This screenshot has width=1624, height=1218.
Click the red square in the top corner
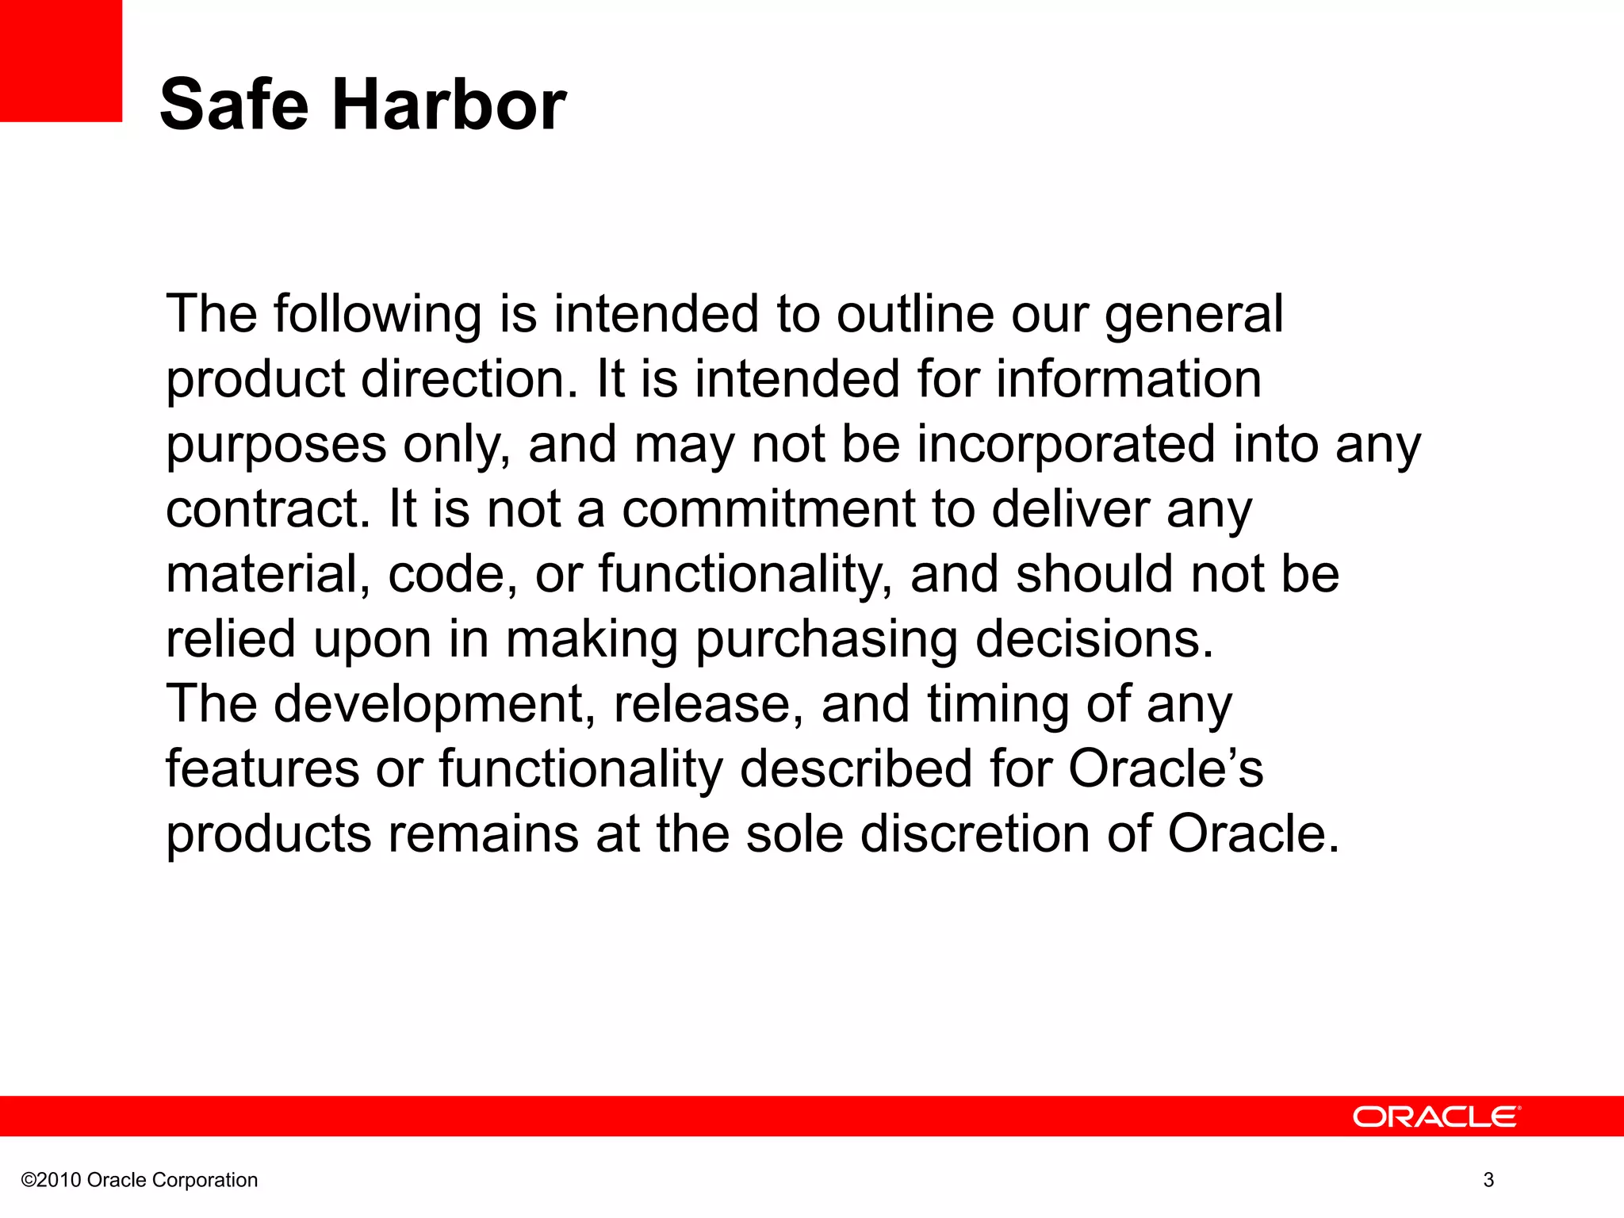pyautogui.click(x=60, y=60)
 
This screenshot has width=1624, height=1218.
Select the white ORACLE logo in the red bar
pyautogui.click(x=1436, y=1116)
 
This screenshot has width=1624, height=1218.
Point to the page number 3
pyautogui.click(x=1488, y=1180)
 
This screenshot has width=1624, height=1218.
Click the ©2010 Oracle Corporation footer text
pyautogui.click(x=140, y=1180)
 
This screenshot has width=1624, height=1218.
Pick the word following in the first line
pyautogui.click(x=377, y=315)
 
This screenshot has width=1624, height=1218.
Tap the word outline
pyautogui.click(x=915, y=315)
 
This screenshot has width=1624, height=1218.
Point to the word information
pyautogui.click(x=1128, y=379)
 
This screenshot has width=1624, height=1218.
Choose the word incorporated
pyautogui.click(x=1066, y=445)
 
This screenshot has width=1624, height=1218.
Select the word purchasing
pyautogui.click(x=826, y=640)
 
